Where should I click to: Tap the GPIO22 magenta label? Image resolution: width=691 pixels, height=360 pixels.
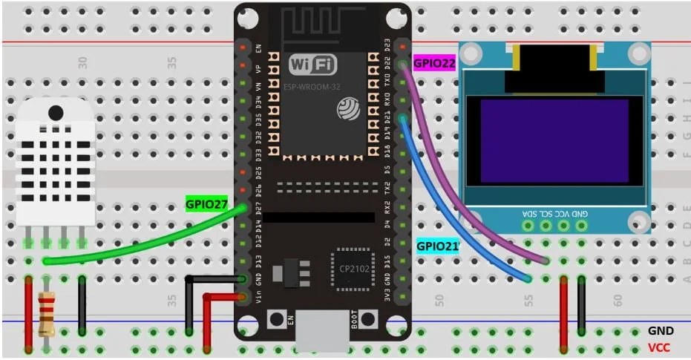434,64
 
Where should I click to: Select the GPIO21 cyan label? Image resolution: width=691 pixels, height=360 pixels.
436,246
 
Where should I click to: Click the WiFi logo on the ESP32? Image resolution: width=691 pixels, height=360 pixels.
312,65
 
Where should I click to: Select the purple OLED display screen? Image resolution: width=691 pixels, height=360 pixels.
554,141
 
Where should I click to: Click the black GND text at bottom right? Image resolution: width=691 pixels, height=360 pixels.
660,331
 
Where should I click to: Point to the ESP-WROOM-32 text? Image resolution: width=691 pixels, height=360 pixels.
311,87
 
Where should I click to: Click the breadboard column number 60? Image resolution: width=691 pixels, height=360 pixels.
618,298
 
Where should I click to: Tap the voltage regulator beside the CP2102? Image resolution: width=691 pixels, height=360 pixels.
289,274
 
